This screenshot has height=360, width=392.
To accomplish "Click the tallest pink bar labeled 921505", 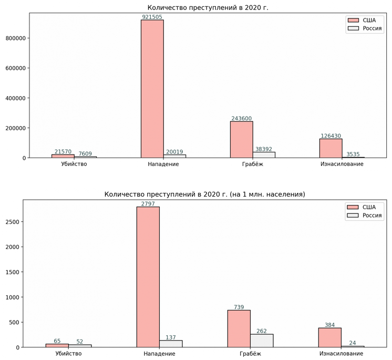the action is pos(152,89).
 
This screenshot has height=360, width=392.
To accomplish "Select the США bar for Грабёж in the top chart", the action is pos(242,139).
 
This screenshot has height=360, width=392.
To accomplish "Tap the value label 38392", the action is pos(264,149).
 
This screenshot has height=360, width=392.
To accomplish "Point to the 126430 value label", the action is pos(331,136).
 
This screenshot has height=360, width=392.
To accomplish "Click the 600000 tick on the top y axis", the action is pos(15,68).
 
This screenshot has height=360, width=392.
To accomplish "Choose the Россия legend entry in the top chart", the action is pos(365,28).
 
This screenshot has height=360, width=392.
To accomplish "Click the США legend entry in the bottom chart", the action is pos(362,207).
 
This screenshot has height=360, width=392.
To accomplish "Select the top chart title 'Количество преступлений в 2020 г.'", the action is pos(208,7).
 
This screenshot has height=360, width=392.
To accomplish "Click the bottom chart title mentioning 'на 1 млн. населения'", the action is pos(204,194).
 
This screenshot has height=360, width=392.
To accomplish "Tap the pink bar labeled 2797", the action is pos(148,277).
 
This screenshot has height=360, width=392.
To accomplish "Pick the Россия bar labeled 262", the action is pos(262,341).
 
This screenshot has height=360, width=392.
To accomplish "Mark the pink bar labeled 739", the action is pos(239,329).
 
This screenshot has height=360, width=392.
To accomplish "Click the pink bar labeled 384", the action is pos(330,337).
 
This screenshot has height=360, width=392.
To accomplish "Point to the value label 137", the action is pos(171,337).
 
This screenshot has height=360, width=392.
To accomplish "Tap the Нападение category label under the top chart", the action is pos(163,164).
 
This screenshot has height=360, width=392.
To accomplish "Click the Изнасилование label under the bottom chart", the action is pos(341,354).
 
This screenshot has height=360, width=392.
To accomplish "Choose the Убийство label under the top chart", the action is pos(74,164).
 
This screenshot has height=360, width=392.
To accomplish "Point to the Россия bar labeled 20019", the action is pos(175,156).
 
